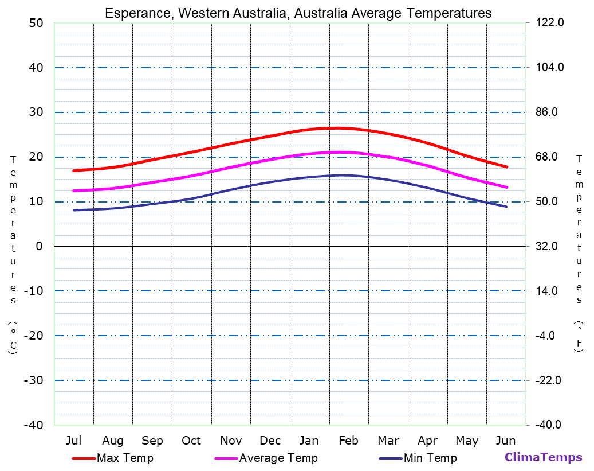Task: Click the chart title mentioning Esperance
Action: click(298, 13)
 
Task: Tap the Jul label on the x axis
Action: click(73, 441)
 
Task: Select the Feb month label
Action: click(348, 441)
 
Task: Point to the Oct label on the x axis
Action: click(191, 441)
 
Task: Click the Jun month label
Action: click(505, 441)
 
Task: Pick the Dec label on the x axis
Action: click(270, 441)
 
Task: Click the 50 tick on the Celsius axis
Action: click(36, 23)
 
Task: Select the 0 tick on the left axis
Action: click(39, 246)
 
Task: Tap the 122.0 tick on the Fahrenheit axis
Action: click(549, 23)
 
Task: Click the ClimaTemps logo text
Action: click(543, 457)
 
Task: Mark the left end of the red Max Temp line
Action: click(74, 171)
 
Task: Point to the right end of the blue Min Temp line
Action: click(506, 207)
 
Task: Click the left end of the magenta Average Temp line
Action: click(74, 191)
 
